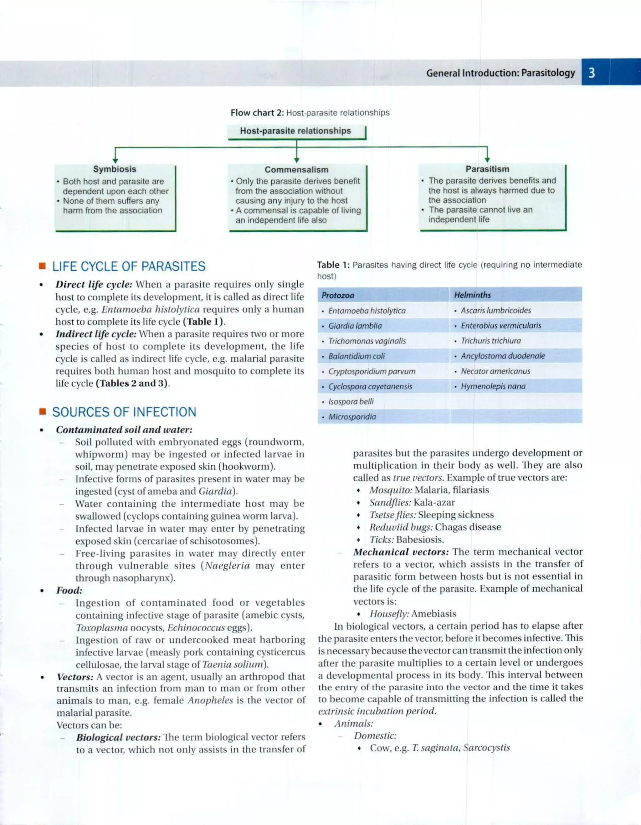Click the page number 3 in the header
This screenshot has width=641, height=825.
[592, 73]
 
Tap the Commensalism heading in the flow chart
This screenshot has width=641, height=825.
[296, 170]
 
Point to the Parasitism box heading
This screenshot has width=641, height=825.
[487, 169]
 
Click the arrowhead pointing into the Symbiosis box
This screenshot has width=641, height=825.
[115, 161]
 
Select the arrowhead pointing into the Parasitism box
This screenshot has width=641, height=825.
[487, 160]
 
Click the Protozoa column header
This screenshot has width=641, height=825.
[338, 295]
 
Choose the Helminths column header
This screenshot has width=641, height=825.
[472, 295]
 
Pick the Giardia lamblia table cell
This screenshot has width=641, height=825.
[355, 326]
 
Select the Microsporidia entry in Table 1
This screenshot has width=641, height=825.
[352, 417]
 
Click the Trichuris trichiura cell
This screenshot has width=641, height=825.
[490, 341]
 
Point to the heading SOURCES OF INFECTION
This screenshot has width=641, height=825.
[124, 412]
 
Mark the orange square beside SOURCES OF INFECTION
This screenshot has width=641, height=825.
[42, 411]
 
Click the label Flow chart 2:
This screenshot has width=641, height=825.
[257, 113]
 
